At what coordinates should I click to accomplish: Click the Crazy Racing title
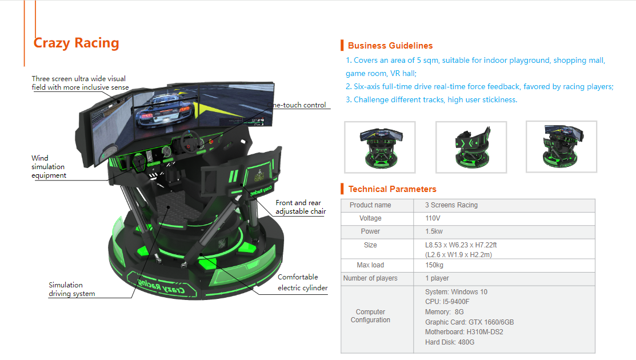pyautogui.click(x=76, y=43)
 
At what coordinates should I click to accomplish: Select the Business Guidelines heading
pyautogui.click(x=390, y=46)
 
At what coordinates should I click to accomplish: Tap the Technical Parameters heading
pyautogui.click(x=392, y=189)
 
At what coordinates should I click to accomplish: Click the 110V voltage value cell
pyautogui.click(x=433, y=218)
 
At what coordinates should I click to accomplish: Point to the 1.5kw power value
pyautogui.click(x=434, y=231)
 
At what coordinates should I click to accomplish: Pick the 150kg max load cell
pyautogui.click(x=434, y=265)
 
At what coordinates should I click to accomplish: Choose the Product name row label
pyautogui.click(x=370, y=205)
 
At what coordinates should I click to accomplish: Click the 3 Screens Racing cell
pyautogui.click(x=451, y=205)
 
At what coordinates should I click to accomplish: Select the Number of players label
pyautogui.click(x=370, y=278)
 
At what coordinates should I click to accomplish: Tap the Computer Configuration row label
pyautogui.click(x=370, y=316)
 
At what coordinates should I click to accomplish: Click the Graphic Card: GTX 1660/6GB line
pyautogui.click(x=469, y=322)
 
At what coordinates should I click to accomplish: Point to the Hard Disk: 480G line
pyautogui.click(x=449, y=342)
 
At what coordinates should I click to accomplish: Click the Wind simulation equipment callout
pyautogui.click(x=48, y=167)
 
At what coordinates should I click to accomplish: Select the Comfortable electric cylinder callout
pyautogui.click(x=303, y=282)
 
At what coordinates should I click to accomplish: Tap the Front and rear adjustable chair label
pyautogui.click(x=301, y=207)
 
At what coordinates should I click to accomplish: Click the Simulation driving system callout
pyautogui.click(x=72, y=290)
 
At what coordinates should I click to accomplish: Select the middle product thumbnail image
pyautogui.click(x=471, y=147)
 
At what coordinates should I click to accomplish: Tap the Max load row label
pyautogui.click(x=370, y=265)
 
